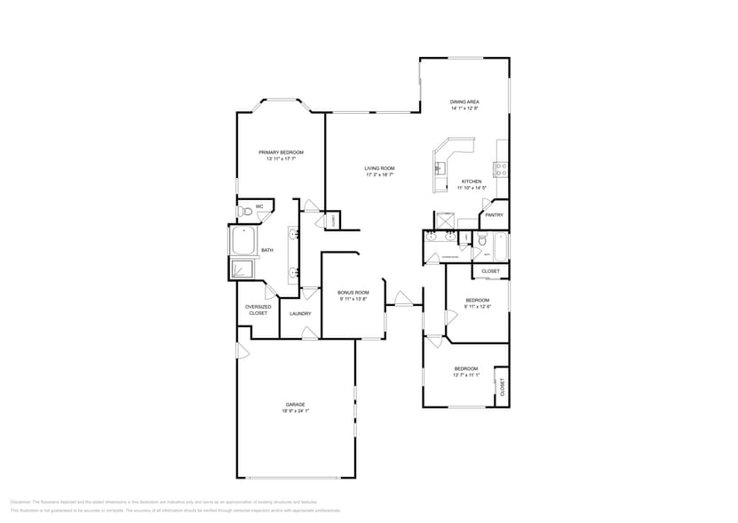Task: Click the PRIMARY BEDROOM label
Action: click(281, 152)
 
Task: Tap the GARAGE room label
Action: click(295, 405)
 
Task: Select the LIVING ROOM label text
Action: click(379, 168)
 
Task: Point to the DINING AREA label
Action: click(464, 102)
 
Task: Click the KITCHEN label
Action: click(470, 181)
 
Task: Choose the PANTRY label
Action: click(495, 214)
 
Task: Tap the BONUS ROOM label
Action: click(353, 293)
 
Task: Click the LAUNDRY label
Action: click(300, 313)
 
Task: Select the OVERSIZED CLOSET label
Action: click(258, 310)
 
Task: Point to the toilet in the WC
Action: click(245, 211)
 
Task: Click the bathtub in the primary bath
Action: click(243, 240)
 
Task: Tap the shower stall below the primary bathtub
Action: click(242, 269)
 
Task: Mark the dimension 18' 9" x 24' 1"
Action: click(295, 411)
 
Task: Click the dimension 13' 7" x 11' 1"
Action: click(466, 374)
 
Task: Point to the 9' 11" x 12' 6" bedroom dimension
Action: click(477, 306)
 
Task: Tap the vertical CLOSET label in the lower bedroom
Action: click(502, 386)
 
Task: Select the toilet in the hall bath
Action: click(481, 240)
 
